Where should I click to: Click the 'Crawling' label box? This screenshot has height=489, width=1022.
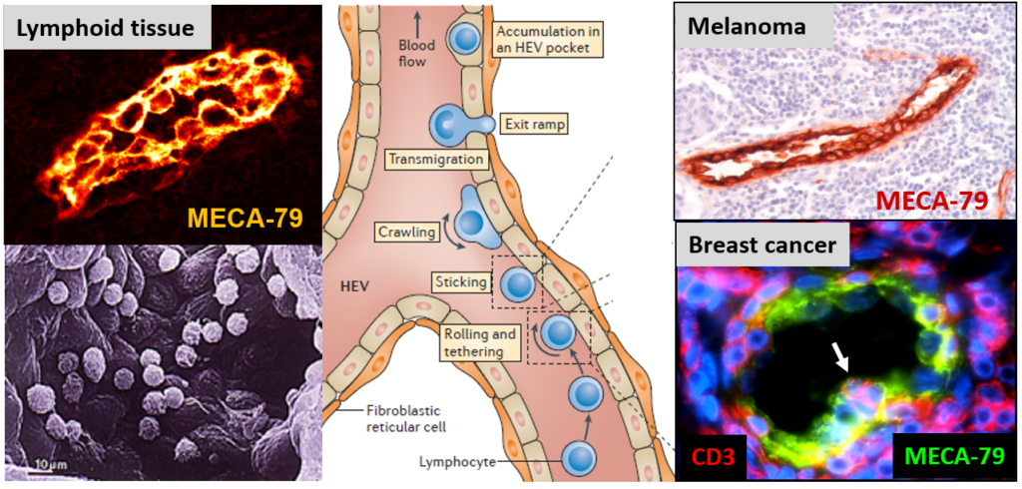pyautogui.click(x=404, y=232)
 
